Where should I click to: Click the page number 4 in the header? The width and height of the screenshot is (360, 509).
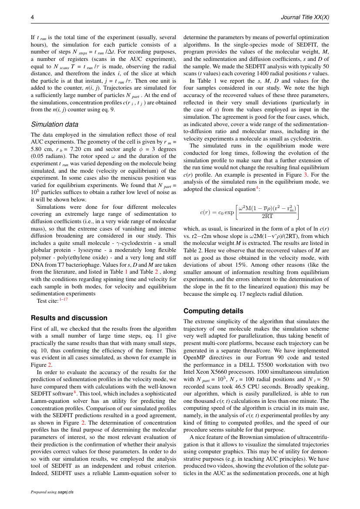(32, 17)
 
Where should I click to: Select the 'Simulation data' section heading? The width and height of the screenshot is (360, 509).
(54, 124)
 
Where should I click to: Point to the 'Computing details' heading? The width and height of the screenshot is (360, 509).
(213, 311)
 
